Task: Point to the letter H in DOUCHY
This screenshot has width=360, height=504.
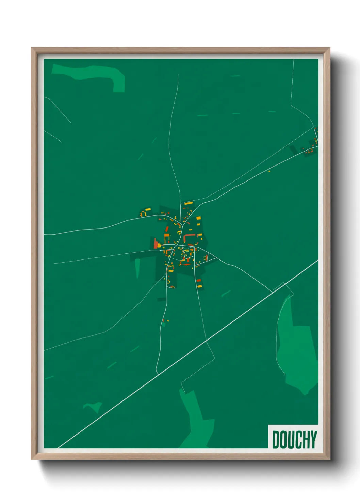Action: [305, 440]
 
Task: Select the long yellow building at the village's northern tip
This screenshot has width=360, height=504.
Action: [189, 203]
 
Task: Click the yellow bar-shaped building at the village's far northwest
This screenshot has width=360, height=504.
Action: [148, 209]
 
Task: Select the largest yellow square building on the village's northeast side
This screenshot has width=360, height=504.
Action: [198, 218]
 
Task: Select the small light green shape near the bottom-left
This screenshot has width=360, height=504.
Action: [94, 407]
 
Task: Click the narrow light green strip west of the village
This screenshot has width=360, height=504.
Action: [137, 267]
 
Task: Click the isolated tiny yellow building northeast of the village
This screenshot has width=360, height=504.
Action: [268, 171]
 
